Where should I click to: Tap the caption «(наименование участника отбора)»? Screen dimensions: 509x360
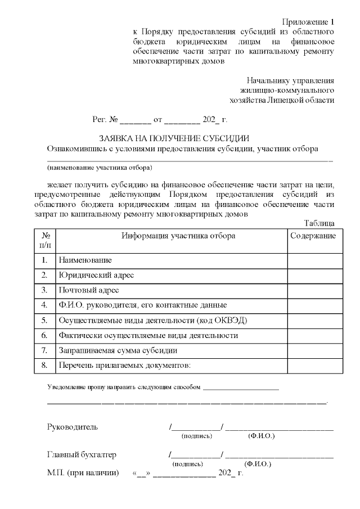pyautogui.click(x=100, y=168)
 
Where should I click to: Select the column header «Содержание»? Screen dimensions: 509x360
pyautogui.click(x=313, y=236)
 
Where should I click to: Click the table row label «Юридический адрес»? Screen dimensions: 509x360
pyautogui.click(x=96, y=276)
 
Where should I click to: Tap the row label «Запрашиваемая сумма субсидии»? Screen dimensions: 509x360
pyautogui.click(x=118, y=350)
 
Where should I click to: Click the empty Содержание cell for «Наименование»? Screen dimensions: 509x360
pyautogui.click(x=313, y=260)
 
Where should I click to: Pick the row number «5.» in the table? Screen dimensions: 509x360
pyautogui.click(x=44, y=321)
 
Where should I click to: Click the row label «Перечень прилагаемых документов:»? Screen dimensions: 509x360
pyautogui.click(x=124, y=366)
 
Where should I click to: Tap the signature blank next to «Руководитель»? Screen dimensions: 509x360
pyautogui.click(x=196, y=427)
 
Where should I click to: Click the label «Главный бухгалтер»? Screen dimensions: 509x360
pyautogui.click(x=82, y=454)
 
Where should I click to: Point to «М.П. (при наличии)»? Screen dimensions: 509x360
pyautogui.click(x=83, y=473)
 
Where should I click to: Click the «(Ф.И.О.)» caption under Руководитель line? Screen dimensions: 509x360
pyautogui.click(x=262, y=436)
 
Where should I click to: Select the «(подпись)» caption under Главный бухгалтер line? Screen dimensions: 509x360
pyautogui.click(x=187, y=464)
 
